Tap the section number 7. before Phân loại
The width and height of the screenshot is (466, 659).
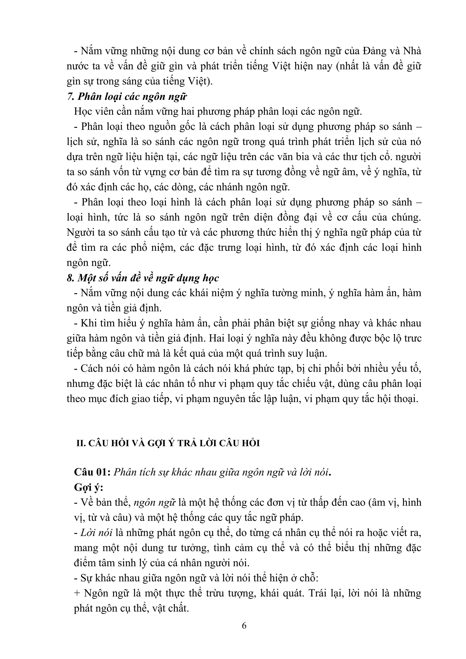click(71, 97)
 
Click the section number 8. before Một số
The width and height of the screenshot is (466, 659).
click(71, 278)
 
